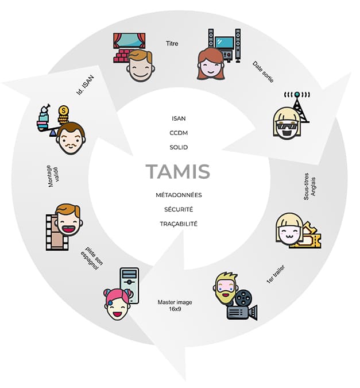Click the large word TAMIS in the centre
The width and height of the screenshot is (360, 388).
(177, 171)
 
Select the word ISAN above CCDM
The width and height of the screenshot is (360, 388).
(179, 118)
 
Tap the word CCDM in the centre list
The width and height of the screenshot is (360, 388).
(179, 133)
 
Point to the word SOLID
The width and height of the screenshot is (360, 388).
(179, 147)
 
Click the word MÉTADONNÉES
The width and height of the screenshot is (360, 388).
(179, 195)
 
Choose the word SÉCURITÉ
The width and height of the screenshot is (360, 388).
(179, 209)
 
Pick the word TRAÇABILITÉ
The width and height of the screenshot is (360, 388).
(179, 224)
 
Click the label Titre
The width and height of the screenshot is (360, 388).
(172, 43)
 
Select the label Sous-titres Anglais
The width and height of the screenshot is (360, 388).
(310, 186)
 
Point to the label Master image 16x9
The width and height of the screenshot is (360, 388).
(175, 305)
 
